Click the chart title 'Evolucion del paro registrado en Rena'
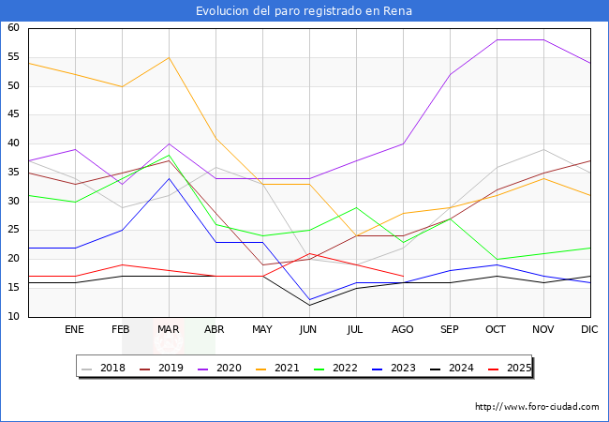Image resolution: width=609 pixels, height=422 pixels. (304, 11)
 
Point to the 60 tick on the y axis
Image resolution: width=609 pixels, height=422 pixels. (14, 28)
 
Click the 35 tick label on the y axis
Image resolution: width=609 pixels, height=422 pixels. (14, 173)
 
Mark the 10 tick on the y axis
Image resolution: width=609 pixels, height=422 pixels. (14, 317)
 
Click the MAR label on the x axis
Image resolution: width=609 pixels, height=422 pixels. (169, 330)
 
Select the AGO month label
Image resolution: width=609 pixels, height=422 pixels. (403, 330)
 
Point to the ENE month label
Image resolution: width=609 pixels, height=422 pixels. (75, 330)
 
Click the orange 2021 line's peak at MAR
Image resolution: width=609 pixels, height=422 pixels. (169, 57)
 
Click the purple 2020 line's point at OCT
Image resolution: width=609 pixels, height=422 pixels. (497, 39)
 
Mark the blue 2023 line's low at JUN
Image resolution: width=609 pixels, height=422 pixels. (309, 299)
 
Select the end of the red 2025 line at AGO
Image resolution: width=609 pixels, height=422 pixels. (403, 277)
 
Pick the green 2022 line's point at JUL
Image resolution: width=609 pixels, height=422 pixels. (356, 207)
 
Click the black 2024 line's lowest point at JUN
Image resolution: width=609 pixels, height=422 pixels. (309, 305)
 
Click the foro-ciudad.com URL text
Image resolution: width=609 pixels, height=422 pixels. (537, 407)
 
